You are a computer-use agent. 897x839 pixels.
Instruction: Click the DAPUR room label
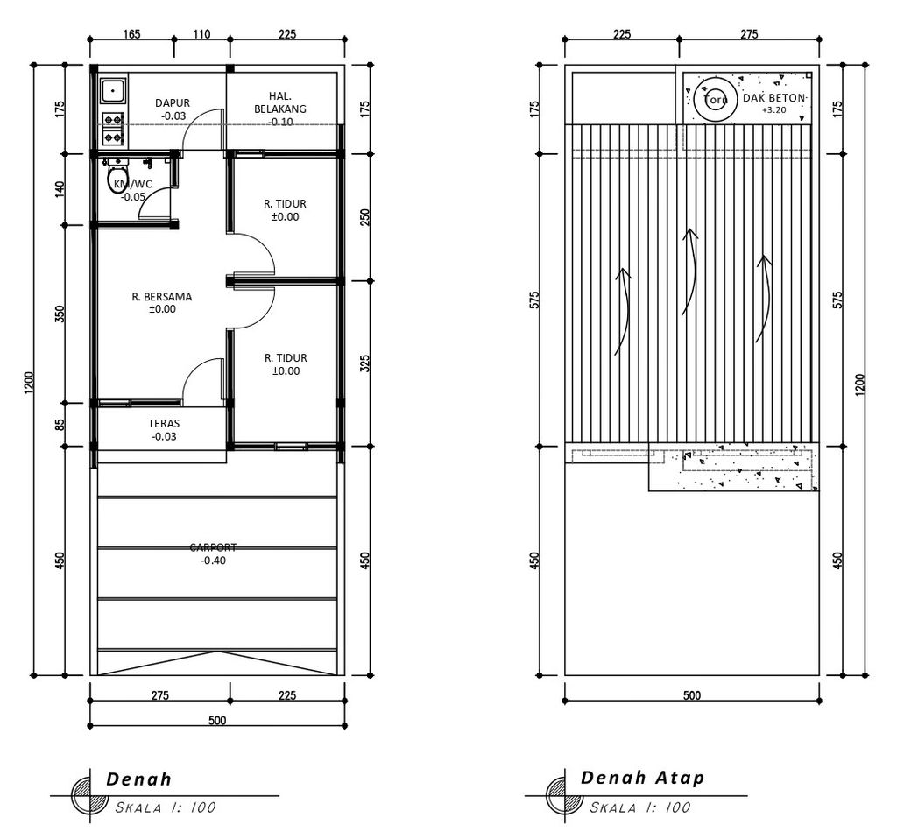click(173, 103)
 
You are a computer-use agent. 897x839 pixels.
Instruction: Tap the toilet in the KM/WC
click(118, 177)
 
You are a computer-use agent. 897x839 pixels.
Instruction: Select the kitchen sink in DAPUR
click(113, 90)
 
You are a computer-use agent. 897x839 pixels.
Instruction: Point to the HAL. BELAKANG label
click(280, 102)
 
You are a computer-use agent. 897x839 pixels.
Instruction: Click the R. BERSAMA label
click(162, 297)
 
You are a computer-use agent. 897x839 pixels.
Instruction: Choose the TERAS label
click(164, 423)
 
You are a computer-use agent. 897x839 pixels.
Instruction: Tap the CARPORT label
click(214, 547)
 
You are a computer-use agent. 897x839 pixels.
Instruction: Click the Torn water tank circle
click(715, 100)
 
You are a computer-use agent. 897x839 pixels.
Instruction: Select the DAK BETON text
click(774, 98)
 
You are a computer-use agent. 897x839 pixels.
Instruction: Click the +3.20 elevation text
click(774, 109)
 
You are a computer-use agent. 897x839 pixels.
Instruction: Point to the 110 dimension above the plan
click(201, 34)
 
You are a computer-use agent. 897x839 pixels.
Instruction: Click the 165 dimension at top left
click(131, 34)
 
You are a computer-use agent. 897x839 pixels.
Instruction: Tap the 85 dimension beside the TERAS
click(60, 425)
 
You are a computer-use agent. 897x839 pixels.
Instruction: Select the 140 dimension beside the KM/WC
click(60, 189)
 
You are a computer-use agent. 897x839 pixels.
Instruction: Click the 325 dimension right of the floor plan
click(365, 363)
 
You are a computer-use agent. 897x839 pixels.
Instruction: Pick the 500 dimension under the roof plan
click(692, 695)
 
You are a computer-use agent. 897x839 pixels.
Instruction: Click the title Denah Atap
click(642, 777)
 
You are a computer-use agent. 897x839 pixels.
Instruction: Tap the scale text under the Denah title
click(166, 807)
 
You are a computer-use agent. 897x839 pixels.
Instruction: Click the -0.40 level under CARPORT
click(214, 561)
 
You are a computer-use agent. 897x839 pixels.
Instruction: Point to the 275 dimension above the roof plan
click(749, 34)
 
